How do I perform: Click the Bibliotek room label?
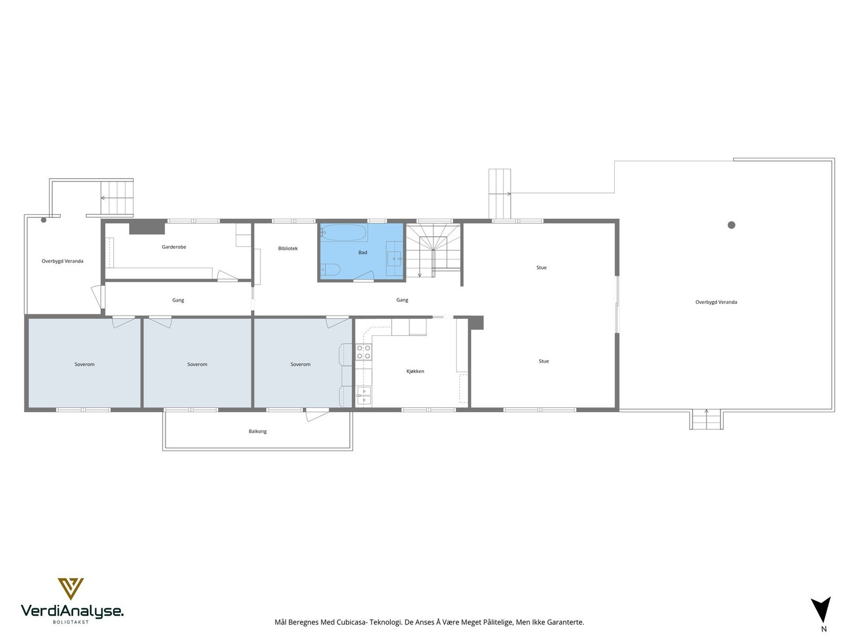(x=288, y=248)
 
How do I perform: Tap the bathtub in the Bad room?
(x=344, y=233)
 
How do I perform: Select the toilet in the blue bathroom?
(x=329, y=269)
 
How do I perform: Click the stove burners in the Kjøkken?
(x=363, y=352)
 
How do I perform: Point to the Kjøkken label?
(x=415, y=371)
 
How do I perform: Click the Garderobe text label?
(x=174, y=247)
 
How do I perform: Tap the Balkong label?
(x=258, y=431)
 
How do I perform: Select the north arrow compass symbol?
(x=821, y=610)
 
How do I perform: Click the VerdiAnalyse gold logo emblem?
(x=70, y=588)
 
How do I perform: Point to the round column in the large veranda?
(x=731, y=225)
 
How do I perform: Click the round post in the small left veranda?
(x=44, y=219)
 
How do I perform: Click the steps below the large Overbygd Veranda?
(x=705, y=419)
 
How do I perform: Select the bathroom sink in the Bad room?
(x=395, y=259)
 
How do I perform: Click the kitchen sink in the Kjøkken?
(x=364, y=395)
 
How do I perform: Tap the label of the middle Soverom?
(x=197, y=364)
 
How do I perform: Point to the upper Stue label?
(x=541, y=267)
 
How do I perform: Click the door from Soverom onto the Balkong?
(x=317, y=414)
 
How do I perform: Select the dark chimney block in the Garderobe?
(x=147, y=228)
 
